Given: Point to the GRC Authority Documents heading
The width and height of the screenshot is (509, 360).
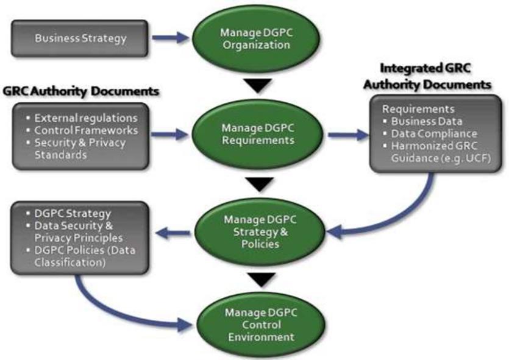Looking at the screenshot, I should pyautogui.click(x=81, y=91).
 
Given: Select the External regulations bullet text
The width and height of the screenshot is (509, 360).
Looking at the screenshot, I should pyautogui.click(x=86, y=118).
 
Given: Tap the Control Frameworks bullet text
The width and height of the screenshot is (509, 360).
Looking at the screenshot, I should pyautogui.click(x=86, y=130).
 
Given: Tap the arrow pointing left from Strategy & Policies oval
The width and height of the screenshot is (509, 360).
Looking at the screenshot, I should pyautogui.click(x=172, y=231).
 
